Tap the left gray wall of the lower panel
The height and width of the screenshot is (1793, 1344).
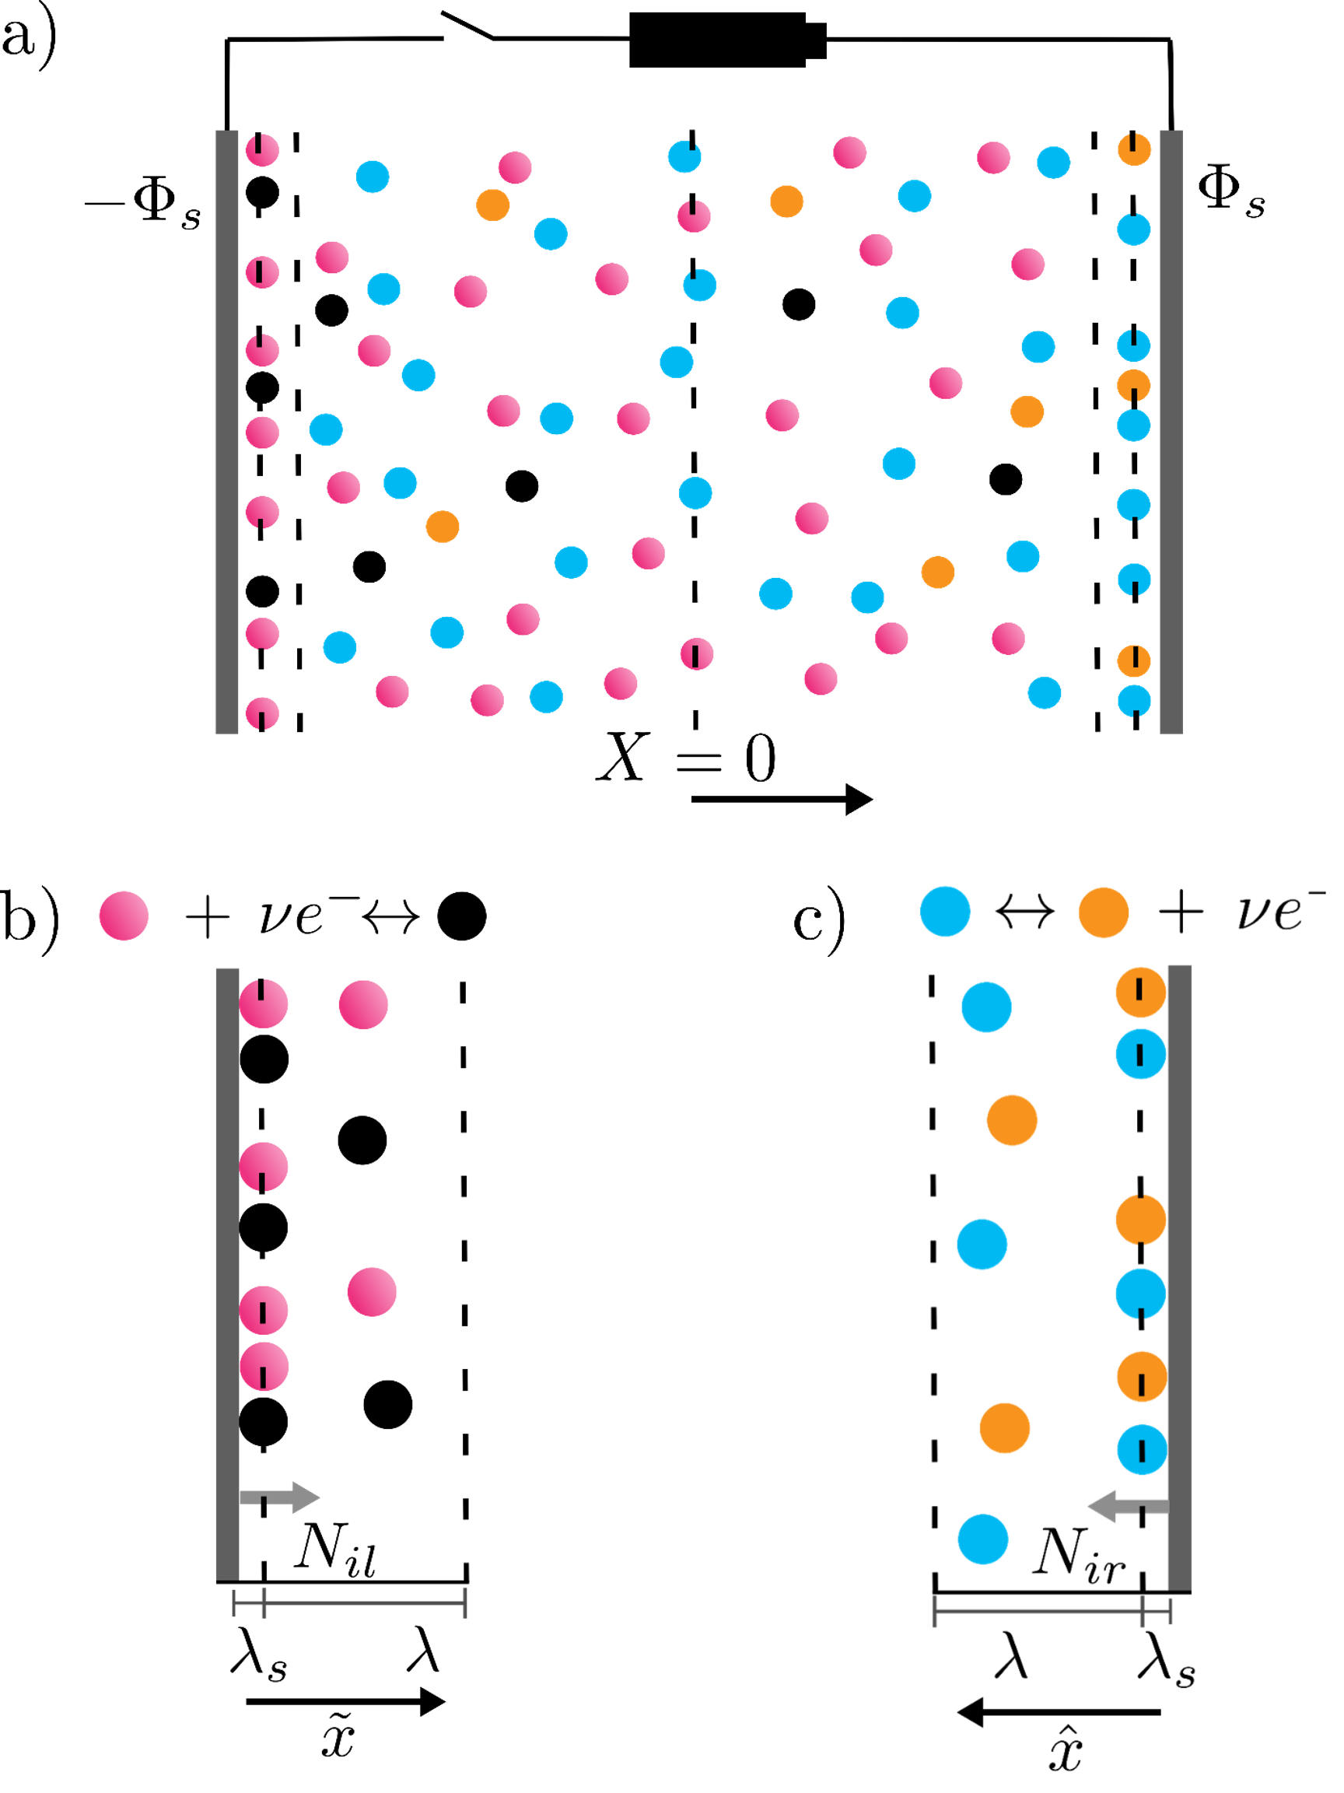pyautogui.click(x=227, y=1273)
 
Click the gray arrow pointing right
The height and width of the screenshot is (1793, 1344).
pyautogui.click(x=280, y=1498)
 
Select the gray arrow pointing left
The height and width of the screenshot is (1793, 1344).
pyautogui.click(x=1128, y=1506)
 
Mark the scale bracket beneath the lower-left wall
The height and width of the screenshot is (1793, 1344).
pyautogui.click(x=349, y=1603)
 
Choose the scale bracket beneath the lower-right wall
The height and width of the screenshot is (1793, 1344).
pyautogui.click(x=1052, y=1612)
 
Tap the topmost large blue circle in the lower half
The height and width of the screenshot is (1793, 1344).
pyautogui.click(x=945, y=911)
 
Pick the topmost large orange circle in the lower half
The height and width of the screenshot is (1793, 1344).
pyautogui.click(x=1103, y=912)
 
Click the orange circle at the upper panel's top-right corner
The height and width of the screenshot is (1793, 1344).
pyautogui.click(x=1134, y=149)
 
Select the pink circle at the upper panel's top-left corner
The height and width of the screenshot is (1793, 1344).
pyautogui.click(x=262, y=150)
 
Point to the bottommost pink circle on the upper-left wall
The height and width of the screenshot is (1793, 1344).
pyautogui.click(x=262, y=713)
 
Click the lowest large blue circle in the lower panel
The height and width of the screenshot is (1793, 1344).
pyautogui.click(x=982, y=1539)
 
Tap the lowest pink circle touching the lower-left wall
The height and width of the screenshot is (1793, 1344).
pyautogui.click(x=264, y=1367)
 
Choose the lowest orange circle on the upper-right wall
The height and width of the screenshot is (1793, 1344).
pyautogui.click(x=1134, y=660)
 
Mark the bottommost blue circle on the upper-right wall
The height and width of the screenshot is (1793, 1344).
pyautogui.click(x=1134, y=700)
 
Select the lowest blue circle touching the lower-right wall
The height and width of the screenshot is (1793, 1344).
pyautogui.click(x=1142, y=1449)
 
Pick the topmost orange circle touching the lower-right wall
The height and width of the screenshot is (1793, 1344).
pyautogui.click(x=1139, y=991)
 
